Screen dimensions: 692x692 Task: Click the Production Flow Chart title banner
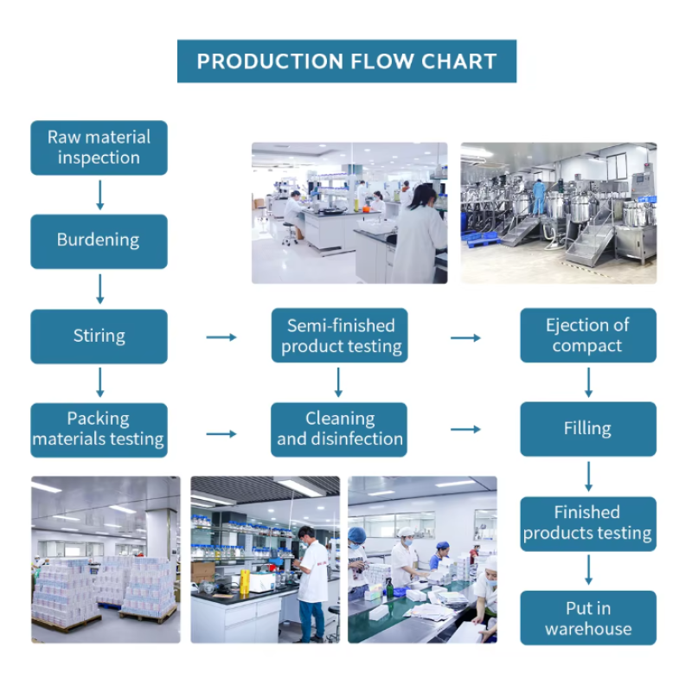pos(346,61)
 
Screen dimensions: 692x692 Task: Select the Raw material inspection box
pos(99,147)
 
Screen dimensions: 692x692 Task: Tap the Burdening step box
pos(99,240)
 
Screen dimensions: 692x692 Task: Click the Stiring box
pos(99,336)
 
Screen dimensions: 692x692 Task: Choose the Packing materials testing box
pos(99,429)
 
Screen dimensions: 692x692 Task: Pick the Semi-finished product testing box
pos(340,336)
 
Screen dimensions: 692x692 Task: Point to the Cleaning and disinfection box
pos(340,429)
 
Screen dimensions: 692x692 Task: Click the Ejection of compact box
pos(587,336)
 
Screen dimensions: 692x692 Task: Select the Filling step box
pos(587,429)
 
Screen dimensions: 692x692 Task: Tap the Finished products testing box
pos(587,522)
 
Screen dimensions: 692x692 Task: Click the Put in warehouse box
pos(587,618)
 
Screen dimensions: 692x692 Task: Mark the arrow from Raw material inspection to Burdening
pos(99,195)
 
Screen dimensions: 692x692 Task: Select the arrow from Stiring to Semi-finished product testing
pos(221,336)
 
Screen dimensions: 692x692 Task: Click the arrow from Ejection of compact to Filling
pos(588,381)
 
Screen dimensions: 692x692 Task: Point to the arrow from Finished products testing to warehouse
pos(588,570)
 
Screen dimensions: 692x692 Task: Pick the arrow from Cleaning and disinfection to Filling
pos(465,430)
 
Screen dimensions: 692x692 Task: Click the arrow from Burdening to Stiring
pos(99,288)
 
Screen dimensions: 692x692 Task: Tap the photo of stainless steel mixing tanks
pos(558,213)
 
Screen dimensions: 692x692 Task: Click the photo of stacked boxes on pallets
pos(106,559)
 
